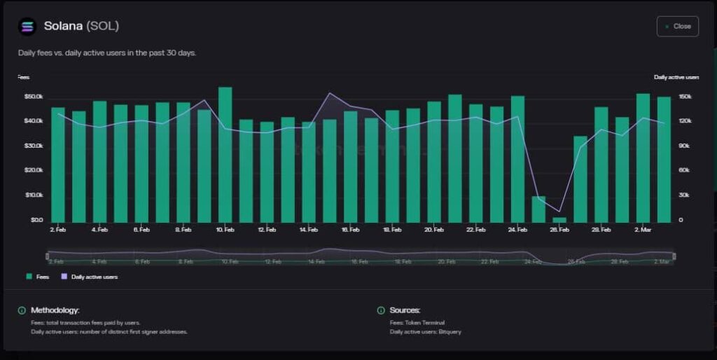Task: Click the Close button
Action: pos(677,26)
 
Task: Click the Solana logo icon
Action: pos(27,26)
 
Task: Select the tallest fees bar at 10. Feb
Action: pos(225,154)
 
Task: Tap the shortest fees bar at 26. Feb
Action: pos(559,220)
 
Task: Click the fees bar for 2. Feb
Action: pos(58,165)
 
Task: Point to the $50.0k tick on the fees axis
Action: pos(34,96)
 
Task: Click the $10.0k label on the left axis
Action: pos(34,195)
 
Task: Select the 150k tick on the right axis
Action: pos(685,97)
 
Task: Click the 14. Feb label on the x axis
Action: pos(309,230)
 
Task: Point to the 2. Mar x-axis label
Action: pos(642,230)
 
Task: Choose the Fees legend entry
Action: pos(38,277)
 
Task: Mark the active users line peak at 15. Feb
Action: pos(330,93)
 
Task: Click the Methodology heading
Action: pos(55,310)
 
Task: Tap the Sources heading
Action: pos(405,310)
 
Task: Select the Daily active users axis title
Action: pos(676,77)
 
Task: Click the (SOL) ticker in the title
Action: pos(102,26)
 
